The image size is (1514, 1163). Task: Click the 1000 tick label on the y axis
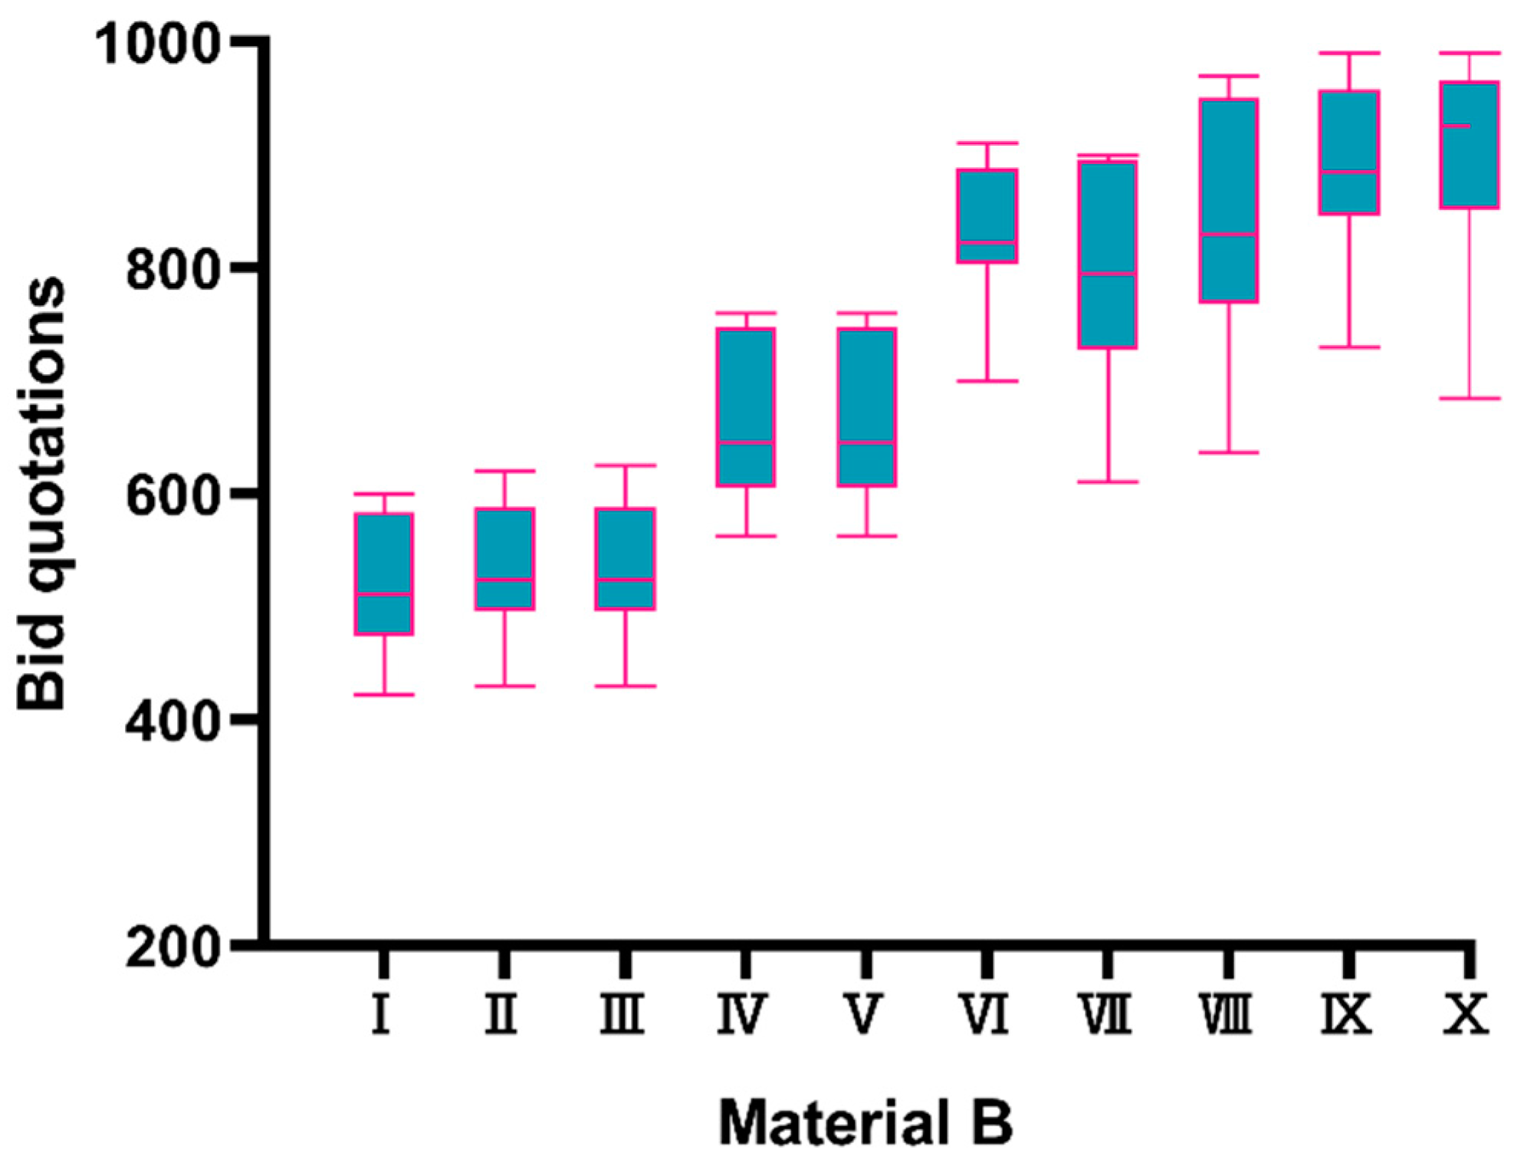tap(158, 48)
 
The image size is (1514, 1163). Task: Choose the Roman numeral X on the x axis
tap(1466, 1014)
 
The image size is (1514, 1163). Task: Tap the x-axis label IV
tap(741, 1014)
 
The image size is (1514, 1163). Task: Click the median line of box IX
tap(1349, 171)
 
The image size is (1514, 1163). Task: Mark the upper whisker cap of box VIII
tap(1229, 76)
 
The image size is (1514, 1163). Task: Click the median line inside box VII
tap(1108, 273)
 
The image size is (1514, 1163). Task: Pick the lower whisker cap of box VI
tap(988, 381)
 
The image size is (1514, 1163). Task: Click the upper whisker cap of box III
tap(626, 465)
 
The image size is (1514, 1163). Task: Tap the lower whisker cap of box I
tap(384, 695)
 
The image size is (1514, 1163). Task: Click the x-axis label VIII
tap(1227, 1014)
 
